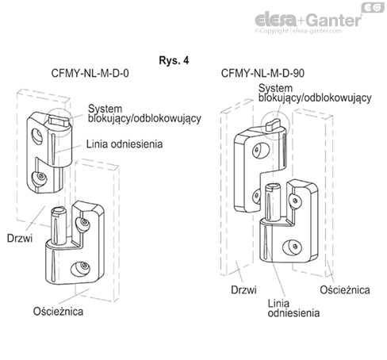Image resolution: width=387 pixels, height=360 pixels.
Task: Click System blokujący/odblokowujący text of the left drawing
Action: click(x=144, y=113)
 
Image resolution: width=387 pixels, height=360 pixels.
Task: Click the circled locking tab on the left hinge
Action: click(x=59, y=120)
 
